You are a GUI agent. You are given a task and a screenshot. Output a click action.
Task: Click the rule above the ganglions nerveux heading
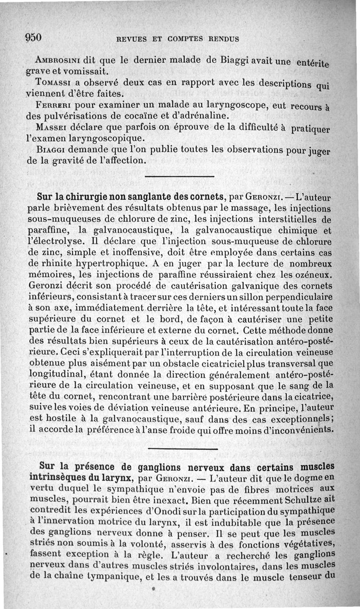pyautogui.click(x=182, y=448)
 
